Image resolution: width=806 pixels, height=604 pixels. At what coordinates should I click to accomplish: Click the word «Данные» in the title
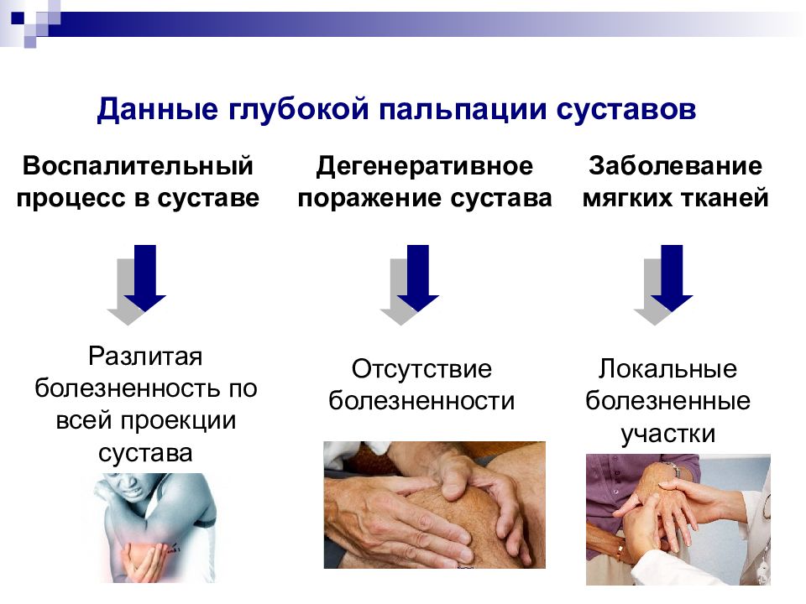tap(157, 109)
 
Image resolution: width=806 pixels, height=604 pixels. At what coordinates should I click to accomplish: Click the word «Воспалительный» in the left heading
tap(138, 166)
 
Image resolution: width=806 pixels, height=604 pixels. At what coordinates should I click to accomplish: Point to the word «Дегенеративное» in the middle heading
tap(425, 166)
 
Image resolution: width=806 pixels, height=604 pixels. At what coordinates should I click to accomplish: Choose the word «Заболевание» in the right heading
tap(675, 166)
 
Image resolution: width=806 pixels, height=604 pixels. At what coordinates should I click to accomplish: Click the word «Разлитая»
tap(145, 356)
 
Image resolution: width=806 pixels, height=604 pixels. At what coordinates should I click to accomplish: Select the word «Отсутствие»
tap(421, 369)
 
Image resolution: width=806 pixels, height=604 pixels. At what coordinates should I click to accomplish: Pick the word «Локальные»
tap(667, 369)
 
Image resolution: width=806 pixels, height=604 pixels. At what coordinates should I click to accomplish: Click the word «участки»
tap(667, 434)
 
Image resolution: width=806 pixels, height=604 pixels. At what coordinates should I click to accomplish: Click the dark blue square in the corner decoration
tap(18, 18)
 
